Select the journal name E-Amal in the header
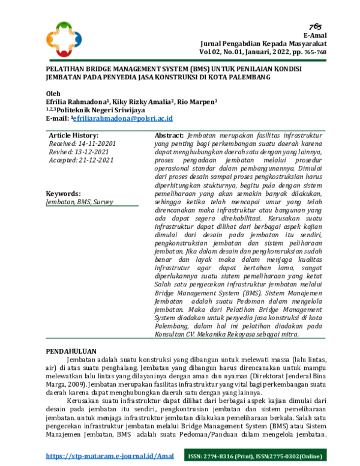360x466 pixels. coord(316,36)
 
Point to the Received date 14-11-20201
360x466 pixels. coord(82,144)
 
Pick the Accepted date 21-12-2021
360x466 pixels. coord(80,161)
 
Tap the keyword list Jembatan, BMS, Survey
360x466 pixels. coord(79,202)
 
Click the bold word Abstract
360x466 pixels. coord(169,136)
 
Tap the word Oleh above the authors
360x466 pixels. coord(53,94)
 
